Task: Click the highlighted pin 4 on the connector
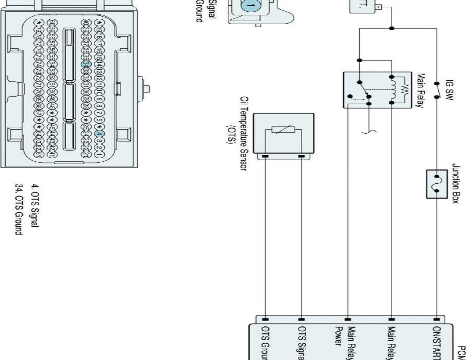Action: [100, 134]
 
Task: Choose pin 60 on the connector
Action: [53, 23]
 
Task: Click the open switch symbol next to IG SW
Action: [436, 90]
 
